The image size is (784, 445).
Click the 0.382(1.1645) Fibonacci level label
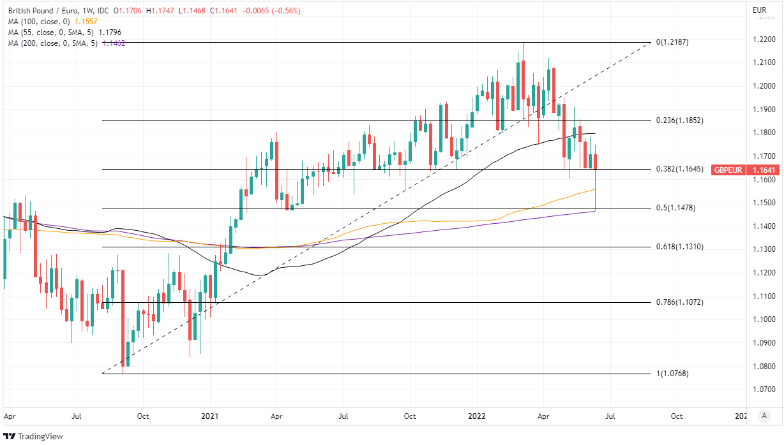680,169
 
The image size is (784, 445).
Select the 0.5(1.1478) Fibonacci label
676,208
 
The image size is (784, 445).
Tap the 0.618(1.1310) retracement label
680,246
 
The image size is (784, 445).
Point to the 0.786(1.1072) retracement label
680,302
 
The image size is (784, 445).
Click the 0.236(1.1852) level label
680,120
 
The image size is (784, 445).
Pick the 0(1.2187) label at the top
673,42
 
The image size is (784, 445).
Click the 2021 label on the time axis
210,416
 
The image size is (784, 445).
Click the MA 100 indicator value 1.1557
86,20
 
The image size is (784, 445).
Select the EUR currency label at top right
759,10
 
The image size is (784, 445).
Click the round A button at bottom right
764,416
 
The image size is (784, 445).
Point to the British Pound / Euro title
40,10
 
